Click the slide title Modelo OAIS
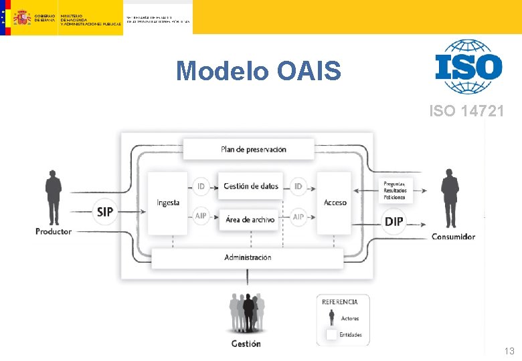[258, 70]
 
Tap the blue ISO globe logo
[468, 66]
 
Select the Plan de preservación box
[249, 149]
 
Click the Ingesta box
[167, 203]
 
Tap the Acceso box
[335, 203]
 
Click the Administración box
[248, 257]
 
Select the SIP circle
[105, 212]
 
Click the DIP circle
[394, 221]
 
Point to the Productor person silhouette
[53, 197]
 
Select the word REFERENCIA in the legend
[344, 302]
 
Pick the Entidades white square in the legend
[331, 334]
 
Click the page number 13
[509, 351]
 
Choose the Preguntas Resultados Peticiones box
[395, 190]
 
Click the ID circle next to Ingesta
[201, 187]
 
